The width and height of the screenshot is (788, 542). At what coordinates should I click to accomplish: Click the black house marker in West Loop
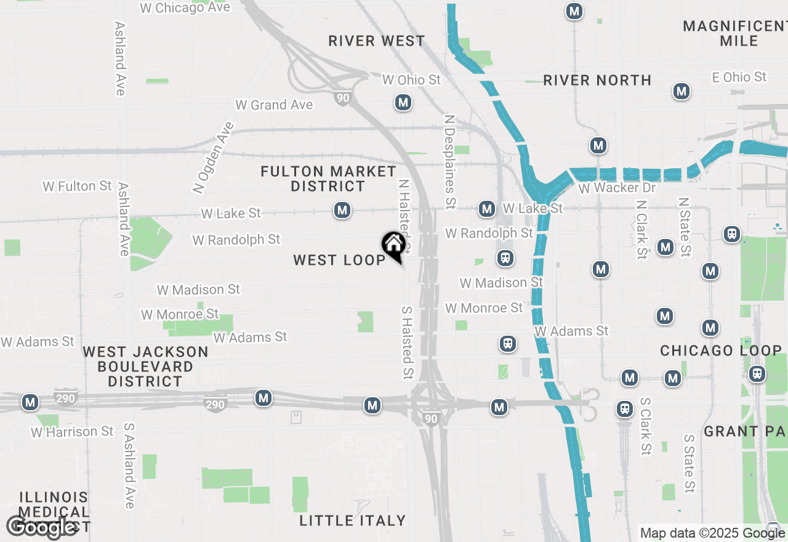click(393, 246)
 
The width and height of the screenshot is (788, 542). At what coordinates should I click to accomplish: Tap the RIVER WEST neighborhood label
click(377, 41)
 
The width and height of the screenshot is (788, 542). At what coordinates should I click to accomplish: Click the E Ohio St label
click(739, 77)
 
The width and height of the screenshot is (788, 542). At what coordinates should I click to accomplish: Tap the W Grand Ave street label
click(274, 105)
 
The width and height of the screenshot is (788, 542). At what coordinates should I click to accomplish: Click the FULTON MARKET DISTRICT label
click(328, 179)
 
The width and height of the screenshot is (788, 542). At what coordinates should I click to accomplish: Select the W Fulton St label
click(77, 186)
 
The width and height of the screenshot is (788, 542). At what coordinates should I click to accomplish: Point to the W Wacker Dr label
click(617, 188)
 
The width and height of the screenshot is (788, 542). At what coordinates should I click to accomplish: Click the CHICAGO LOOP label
click(721, 350)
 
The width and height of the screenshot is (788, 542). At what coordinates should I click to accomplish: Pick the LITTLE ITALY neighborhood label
click(353, 521)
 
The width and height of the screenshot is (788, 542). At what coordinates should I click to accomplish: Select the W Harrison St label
click(73, 432)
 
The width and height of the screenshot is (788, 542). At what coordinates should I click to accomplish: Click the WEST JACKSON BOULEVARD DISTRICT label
click(145, 366)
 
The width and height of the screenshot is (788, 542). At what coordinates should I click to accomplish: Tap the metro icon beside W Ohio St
click(403, 102)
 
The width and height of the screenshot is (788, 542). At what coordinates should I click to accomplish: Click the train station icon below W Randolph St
click(505, 258)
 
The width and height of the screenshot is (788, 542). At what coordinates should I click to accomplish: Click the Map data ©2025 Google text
click(712, 533)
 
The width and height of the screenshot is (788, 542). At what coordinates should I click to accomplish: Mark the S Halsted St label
click(407, 343)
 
